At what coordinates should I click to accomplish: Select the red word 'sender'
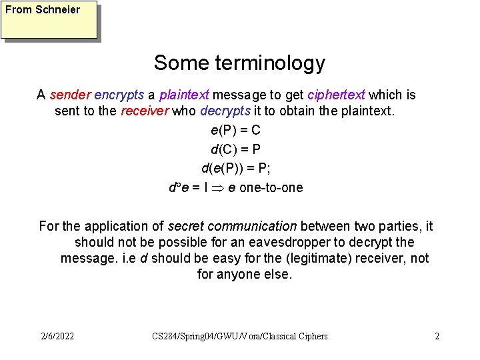point(69,95)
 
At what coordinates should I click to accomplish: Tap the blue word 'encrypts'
point(118,95)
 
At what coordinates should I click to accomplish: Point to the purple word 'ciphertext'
point(336,95)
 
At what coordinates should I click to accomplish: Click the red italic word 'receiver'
point(144,111)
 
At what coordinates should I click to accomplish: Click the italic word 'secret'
point(189,226)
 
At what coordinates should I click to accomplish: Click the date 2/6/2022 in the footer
point(57,336)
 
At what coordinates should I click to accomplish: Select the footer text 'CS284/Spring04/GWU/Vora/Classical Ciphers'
point(240,336)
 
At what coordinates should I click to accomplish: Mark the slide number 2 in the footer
point(437,336)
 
